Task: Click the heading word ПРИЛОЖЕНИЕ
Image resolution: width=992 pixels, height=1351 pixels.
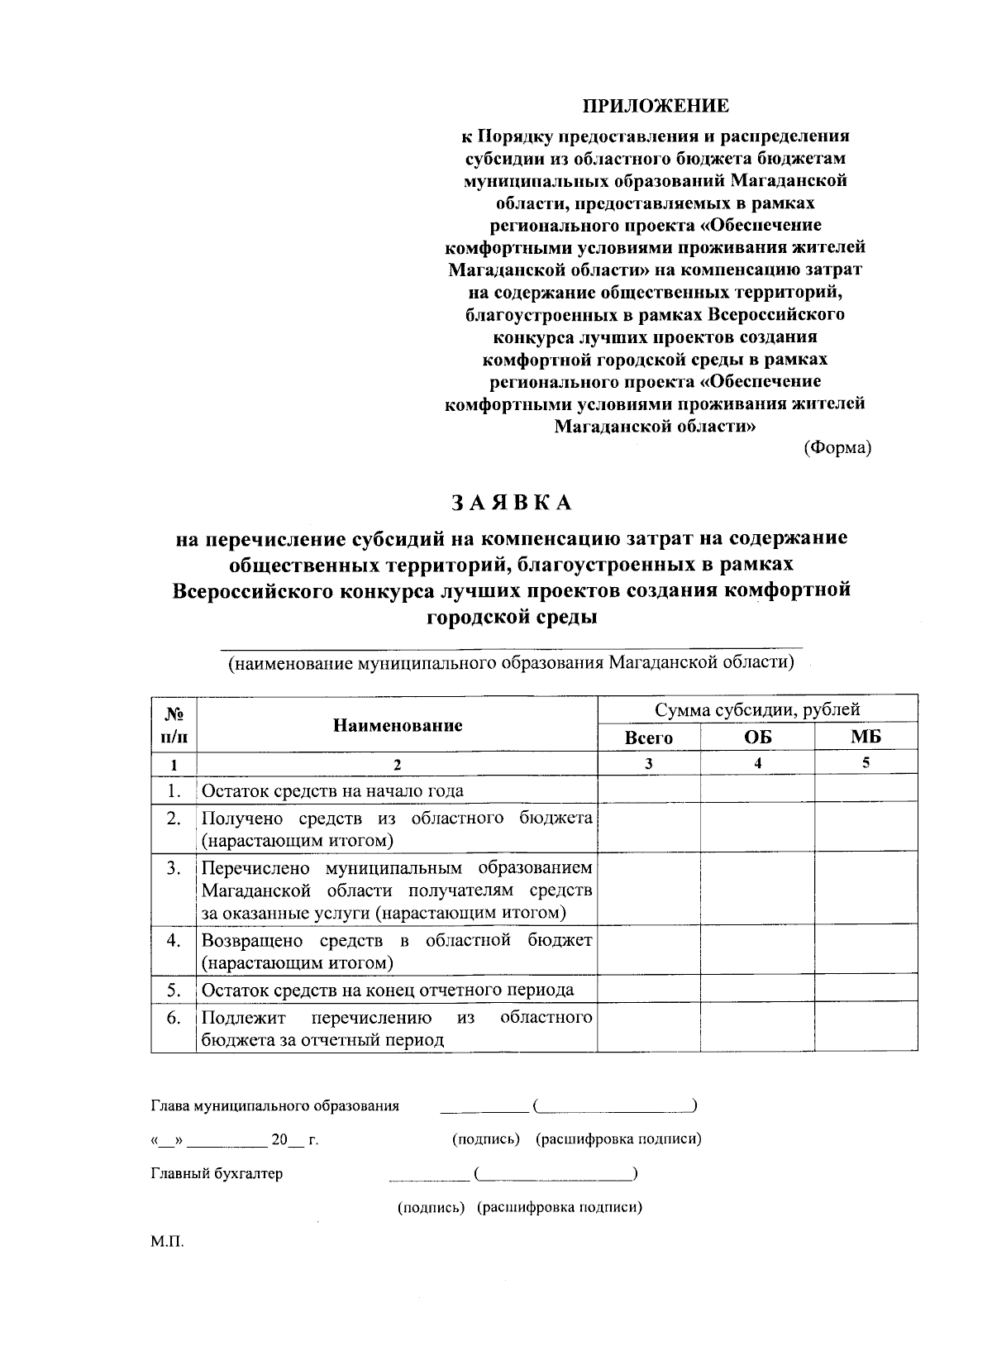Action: [x=656, y=106]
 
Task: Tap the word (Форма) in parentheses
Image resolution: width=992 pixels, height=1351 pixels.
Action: [x=837, y=447]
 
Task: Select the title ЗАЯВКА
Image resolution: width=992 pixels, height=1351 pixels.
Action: [x=511, y=503]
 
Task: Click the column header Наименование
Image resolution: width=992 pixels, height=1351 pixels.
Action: [x=398, y=725]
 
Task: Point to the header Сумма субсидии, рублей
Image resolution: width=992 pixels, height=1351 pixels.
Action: [x=757, y=709]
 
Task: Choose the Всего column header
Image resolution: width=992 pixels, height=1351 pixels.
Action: [x=649, y=738]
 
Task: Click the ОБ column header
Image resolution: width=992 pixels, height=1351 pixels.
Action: [x=757, y=738]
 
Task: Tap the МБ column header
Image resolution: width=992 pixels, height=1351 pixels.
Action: [x=866, y=738]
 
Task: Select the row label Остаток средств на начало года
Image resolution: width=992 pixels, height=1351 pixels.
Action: [x=333, y=790]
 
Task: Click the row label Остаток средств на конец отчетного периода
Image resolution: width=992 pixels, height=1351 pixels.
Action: [x=388, y=990]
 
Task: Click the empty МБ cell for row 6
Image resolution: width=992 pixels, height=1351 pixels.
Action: [x=866, y=1028]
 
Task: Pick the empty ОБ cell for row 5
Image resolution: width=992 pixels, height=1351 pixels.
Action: [x=757, y=990]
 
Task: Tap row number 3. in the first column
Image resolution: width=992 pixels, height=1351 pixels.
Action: [x=174, y=868]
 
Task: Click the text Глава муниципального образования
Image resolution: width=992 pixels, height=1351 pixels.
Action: [x=275, y=1106]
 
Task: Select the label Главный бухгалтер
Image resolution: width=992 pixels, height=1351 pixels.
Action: [x=217, y=1173]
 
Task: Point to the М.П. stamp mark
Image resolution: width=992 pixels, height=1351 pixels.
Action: [x=165, y=1242]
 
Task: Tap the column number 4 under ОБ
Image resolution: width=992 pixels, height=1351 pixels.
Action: [x=757, y=764]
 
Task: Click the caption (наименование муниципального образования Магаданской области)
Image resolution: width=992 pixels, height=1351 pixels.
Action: [x=512, y=663]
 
